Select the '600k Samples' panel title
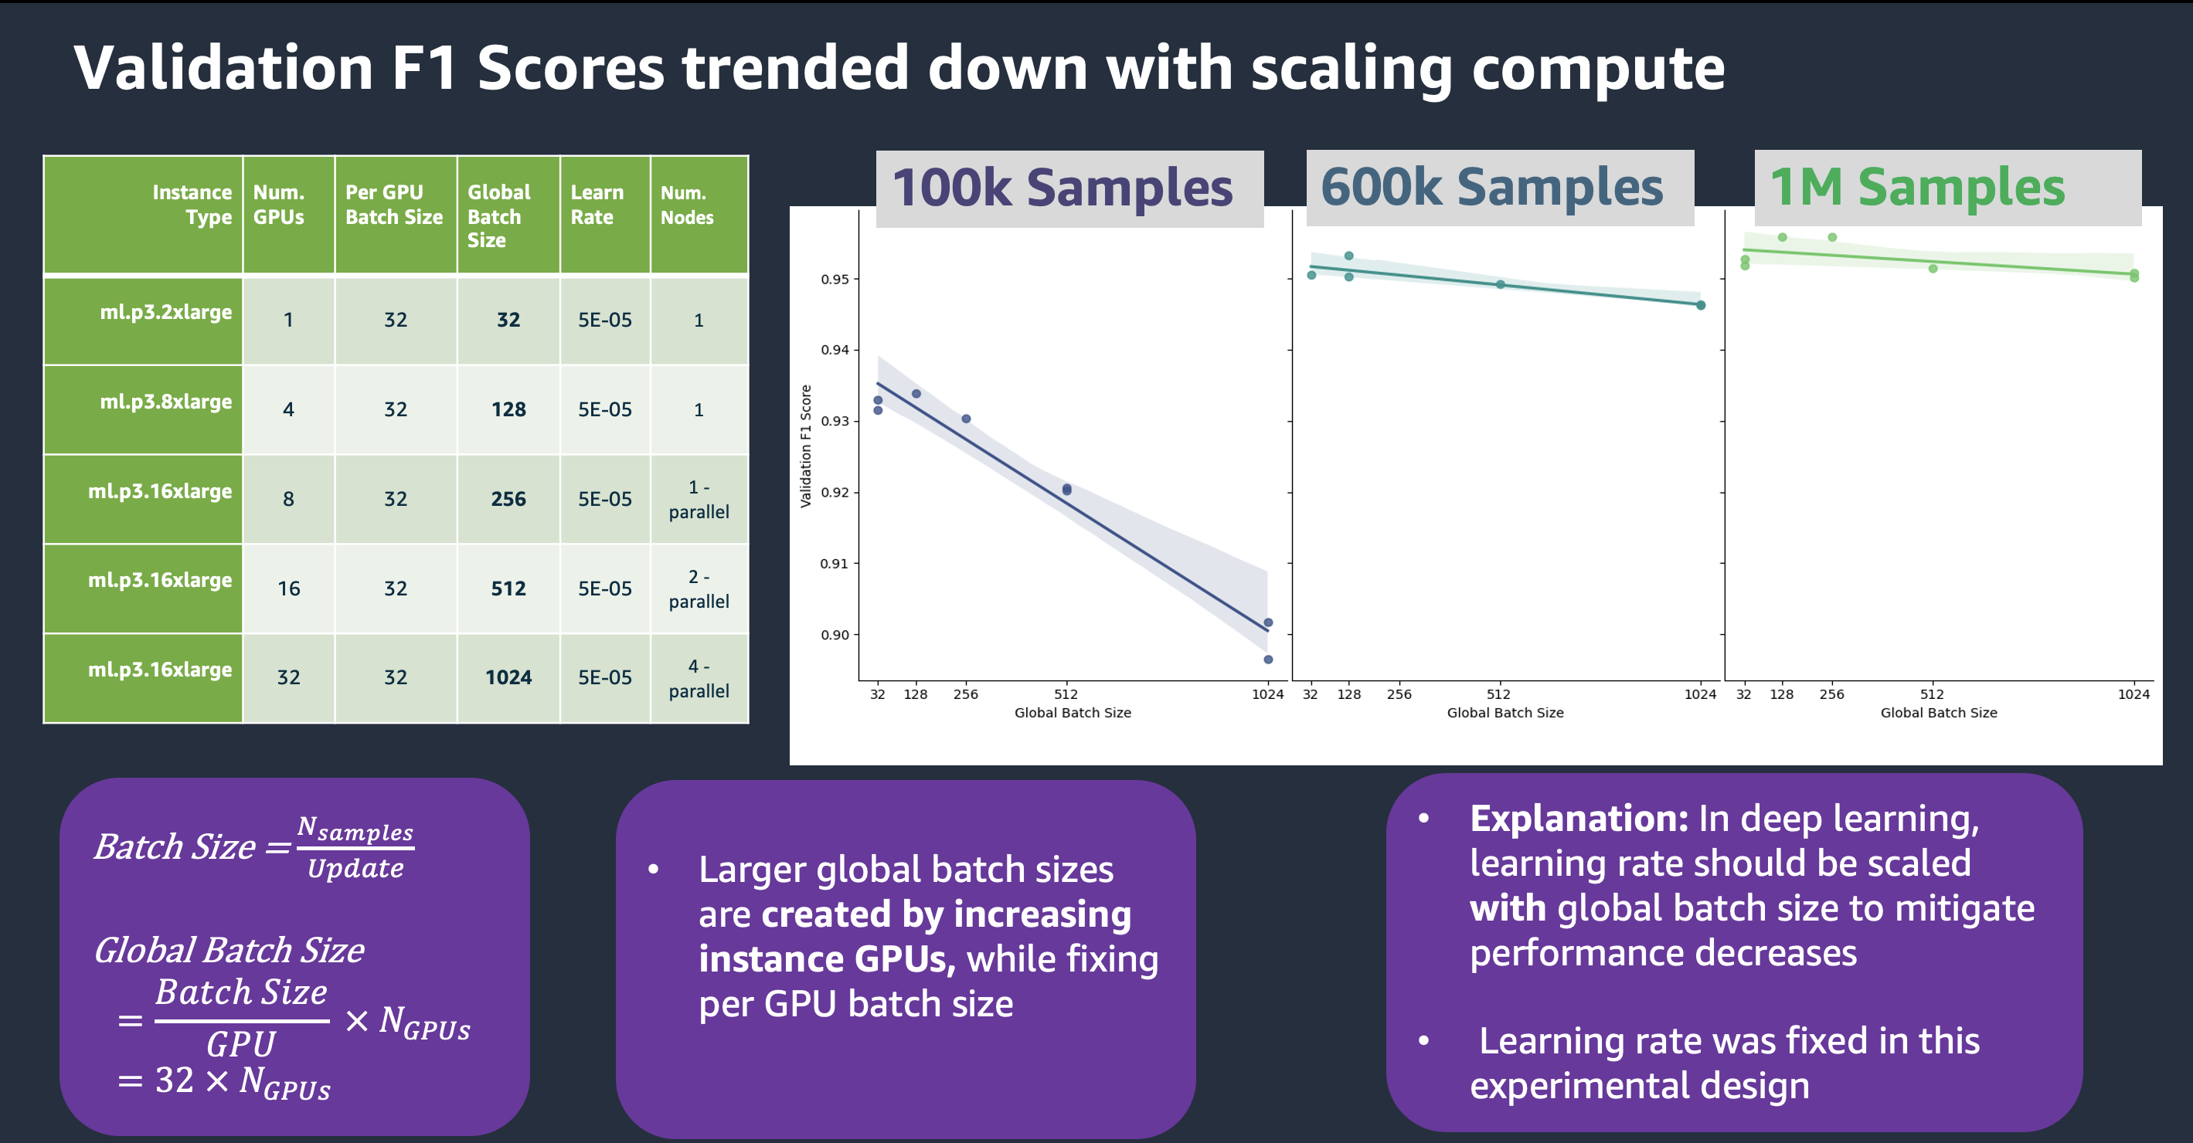[x=1491, y=187]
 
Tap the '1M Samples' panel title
[x=1917, y=187]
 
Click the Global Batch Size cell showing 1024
[x=508, y=677]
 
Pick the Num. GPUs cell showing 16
[x=288, y=588]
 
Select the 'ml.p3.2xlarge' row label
[x=166, y=312]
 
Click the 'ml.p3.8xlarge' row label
[x=166, y=402]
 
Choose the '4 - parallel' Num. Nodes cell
[x=699, y=678]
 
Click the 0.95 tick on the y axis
[x=835, y=279]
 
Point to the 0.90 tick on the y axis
[x=835, y=635]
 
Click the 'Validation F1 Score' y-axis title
[x=805, y=446]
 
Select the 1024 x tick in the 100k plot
[x=1267, y=694]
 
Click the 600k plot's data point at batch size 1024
[x=1701, y=306]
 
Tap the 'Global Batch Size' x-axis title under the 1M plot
[x=1939, y=713]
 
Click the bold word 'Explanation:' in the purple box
[x=1579, y=819]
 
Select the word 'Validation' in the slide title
[x=224, y=68]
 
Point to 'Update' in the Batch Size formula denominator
[x=356, y=869]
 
